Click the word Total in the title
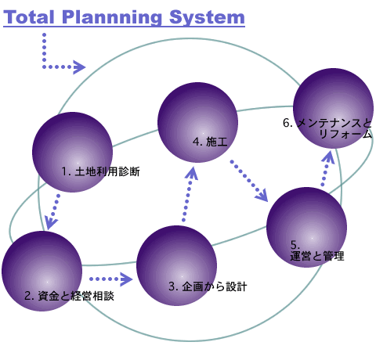(x=29, y=17)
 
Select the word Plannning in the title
(x=112, y=18)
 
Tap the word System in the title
(x=207, y=18)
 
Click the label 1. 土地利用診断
(x=101, y=171)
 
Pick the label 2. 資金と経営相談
(x=69, y=296)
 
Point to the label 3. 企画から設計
(x=208, y=286)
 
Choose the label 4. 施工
(x=210, y=142)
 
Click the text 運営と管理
(x=317, y=256)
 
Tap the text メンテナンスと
(x=334, y=123)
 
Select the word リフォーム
(x=345, y=134)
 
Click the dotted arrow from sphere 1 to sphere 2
(x=53, y=212)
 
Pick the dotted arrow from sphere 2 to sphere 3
(x=110, y=279)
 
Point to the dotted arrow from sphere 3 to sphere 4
(x=189, y=193)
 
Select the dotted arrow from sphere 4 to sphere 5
(x=249, y=182)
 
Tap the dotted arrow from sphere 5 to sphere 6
(x=327, y=168)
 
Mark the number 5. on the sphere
(x=295, y=245)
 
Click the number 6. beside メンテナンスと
(x=287, y=123)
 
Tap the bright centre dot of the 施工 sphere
(x=203, y=133)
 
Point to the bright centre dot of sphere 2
(x=47, y=282)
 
